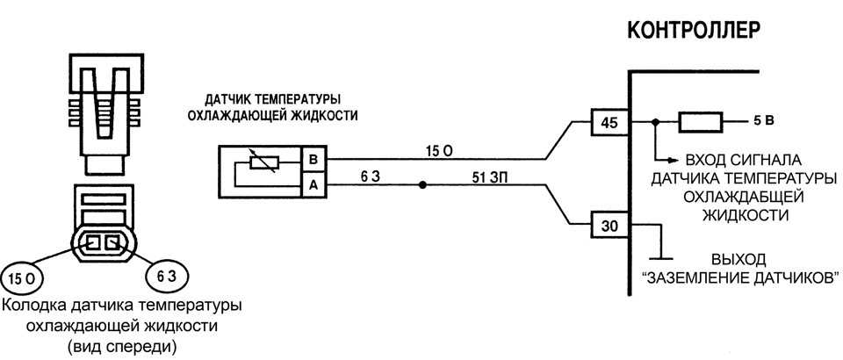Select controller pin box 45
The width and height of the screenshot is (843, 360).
pyautogui.click(x=608, y=122)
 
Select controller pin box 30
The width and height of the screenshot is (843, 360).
pyautogui.click(x=608, y=226)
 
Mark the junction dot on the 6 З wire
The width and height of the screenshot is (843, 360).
pyautogui.click(x=422, y=185)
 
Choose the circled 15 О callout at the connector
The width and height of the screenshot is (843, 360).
pyautogui.click(x=23, y=279)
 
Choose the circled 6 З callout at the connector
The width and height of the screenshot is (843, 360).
pyautogui.click(x=167, y=277)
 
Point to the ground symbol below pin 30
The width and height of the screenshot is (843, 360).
pyautogui.click(x=660, y=259)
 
